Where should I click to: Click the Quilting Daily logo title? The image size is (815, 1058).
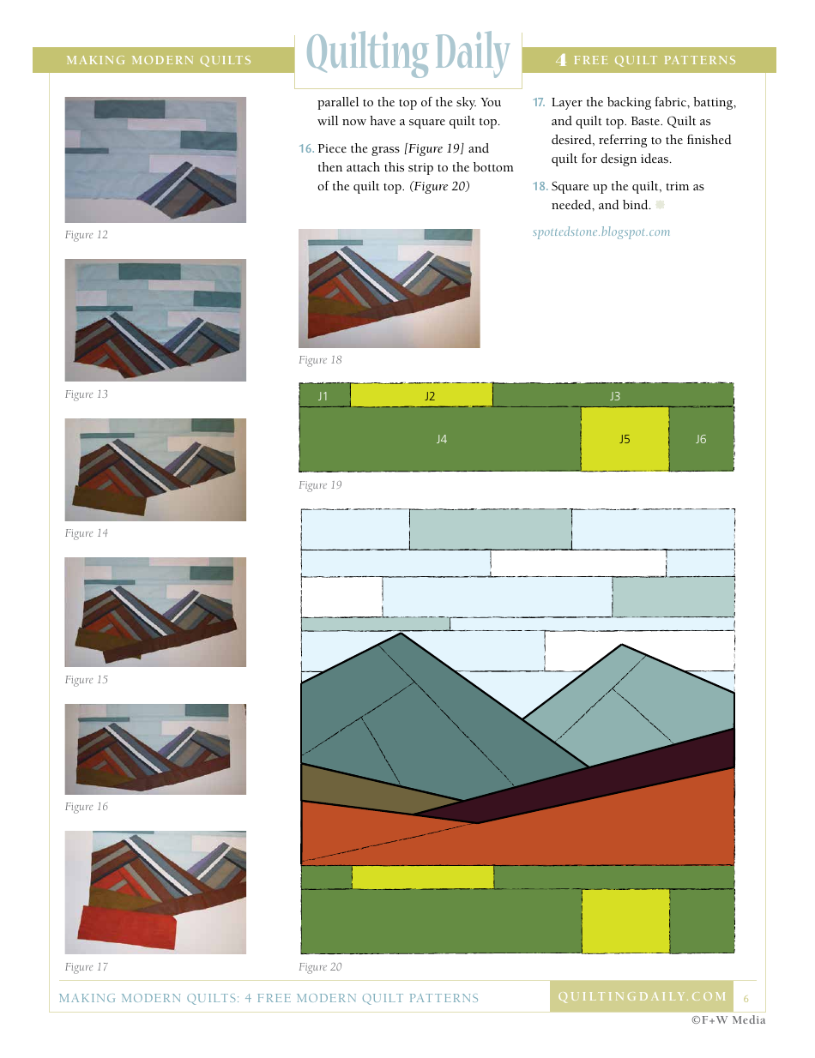pyautogui.click(x=408, y=56)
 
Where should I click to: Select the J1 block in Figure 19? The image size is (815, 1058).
pyautogui.click(x=324, y=396)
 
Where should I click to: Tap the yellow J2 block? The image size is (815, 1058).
pyautogui.click(x=421, y=396)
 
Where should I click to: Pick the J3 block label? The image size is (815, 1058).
pyautogui.click(x=614, y=396)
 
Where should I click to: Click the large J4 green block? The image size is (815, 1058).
pyautogui.click(x=441, y=439)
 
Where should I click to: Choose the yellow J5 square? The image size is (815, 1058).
pyautogui.click(x=625, y=439)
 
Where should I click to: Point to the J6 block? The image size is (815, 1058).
pyautogui.click(x=701, y=439)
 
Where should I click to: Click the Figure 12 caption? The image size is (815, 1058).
pyautogui.click(x=87, y=235)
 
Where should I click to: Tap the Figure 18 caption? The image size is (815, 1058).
pyautogui.click(x=320, y=360)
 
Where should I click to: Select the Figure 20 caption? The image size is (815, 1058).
pyautogui.click(x=320, y=967)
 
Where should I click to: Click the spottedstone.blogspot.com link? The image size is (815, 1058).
pyautogui.click(x=601, y=232)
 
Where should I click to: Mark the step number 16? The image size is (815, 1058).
pyautogui.click(x=306, y=149)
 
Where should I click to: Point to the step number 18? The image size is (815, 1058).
pyautogui.click(x=540, y=187)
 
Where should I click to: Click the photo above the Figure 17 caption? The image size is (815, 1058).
pyautogui.click(x=155, y=893)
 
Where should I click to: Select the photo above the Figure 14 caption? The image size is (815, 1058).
pyautogui.click(x=155, y=470)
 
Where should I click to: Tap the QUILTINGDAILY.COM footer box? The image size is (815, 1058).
pyautogui.click(x=642, y=996)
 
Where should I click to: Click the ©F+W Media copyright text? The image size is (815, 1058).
pyautogui.click(x=728, y=1020)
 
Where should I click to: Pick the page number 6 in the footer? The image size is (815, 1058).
pyautogui.click(x=746, y=998)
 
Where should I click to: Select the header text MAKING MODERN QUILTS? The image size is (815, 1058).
pyautogui.click(x=159, y=61)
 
